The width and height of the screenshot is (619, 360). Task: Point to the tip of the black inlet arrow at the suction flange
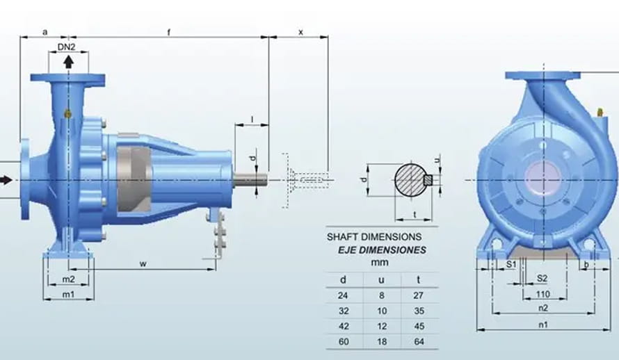(13, 180)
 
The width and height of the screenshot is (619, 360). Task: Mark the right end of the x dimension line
(328, 37)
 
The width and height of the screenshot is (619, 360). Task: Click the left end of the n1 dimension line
(477, 329)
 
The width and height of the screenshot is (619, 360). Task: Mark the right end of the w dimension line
(216, 270)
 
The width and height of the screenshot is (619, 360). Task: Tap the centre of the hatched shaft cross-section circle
(410, 179)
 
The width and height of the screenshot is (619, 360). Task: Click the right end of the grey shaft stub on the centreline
(266, 180)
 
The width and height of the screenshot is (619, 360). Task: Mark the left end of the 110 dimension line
(523, 298)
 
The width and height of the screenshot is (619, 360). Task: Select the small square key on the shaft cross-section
(428, 180)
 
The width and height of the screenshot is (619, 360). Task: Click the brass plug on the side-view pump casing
(68, 114)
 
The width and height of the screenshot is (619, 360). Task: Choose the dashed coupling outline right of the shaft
(305, 180)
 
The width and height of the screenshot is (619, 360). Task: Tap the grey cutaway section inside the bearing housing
(134, 180)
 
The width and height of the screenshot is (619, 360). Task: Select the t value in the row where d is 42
(419, 326)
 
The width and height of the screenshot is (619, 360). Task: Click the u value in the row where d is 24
(381, 295)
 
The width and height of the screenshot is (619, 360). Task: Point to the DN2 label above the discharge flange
(66, 47)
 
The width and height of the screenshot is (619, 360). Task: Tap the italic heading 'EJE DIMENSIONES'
(382, 250)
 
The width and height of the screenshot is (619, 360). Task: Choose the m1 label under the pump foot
(68, 294)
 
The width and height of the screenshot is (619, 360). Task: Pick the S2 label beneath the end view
(542, 279)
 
